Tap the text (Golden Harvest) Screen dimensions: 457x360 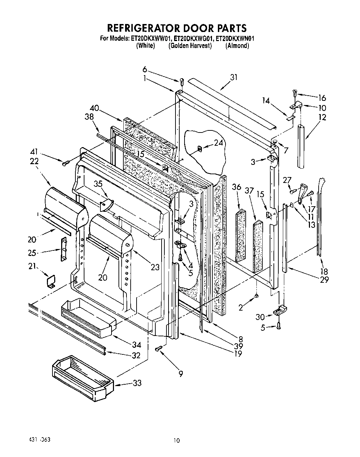pos(190,46)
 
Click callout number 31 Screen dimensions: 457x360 pos(234,77)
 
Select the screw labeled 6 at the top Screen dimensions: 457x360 pos(182,82)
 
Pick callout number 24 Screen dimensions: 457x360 pos(218,143)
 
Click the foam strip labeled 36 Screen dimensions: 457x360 pos(240,236)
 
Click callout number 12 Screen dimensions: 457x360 pos(322,117)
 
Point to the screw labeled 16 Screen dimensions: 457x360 pos(294,93)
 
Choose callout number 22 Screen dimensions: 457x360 pos(34,161)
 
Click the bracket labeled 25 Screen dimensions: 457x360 pos(64,249)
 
